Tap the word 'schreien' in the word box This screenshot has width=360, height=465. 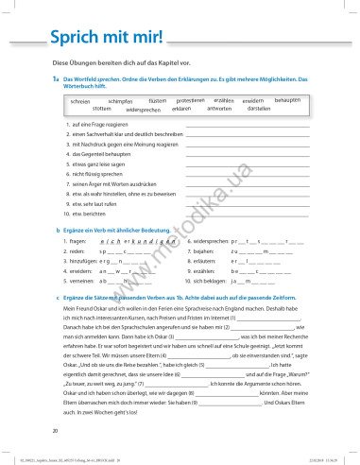coord(80,100)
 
